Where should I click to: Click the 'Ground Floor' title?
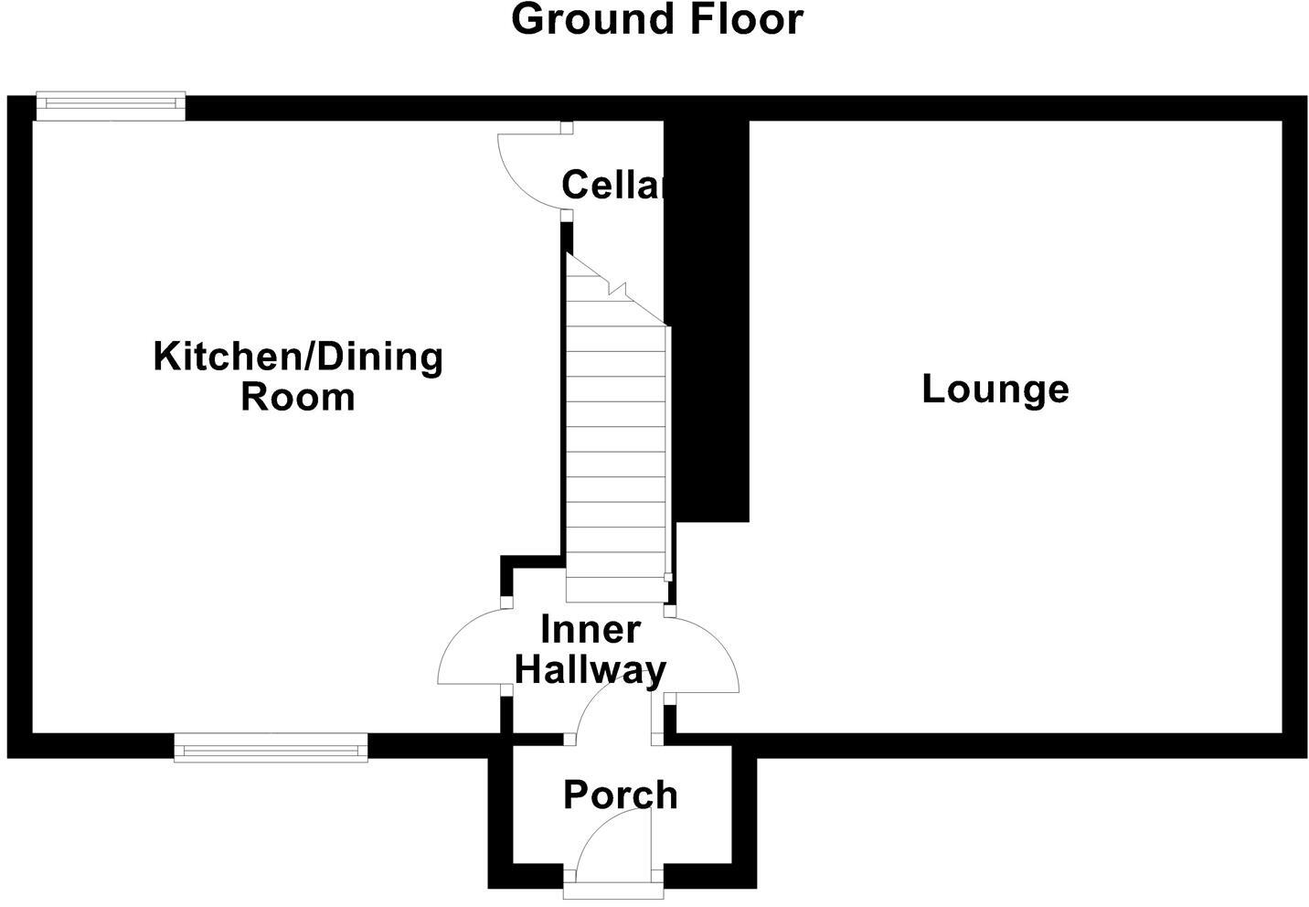656,20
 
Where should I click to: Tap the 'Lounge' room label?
995,389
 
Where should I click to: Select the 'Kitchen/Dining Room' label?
298,376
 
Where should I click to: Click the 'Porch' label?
620,795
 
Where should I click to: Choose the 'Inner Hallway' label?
590,650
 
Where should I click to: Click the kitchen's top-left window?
110,107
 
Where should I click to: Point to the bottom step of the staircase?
614,590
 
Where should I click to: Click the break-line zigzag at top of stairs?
618,290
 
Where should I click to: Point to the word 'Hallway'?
590,670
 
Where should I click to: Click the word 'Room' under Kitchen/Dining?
298,398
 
